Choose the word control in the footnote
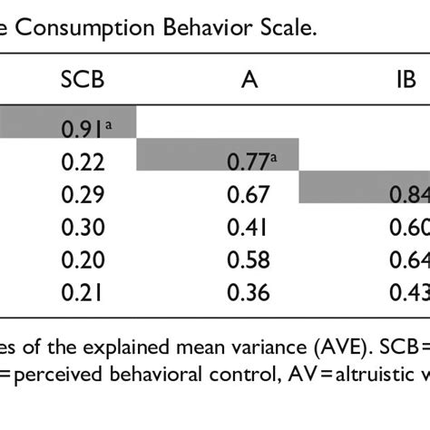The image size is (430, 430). (210, 381)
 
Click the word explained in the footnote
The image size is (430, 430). (101, 348)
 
